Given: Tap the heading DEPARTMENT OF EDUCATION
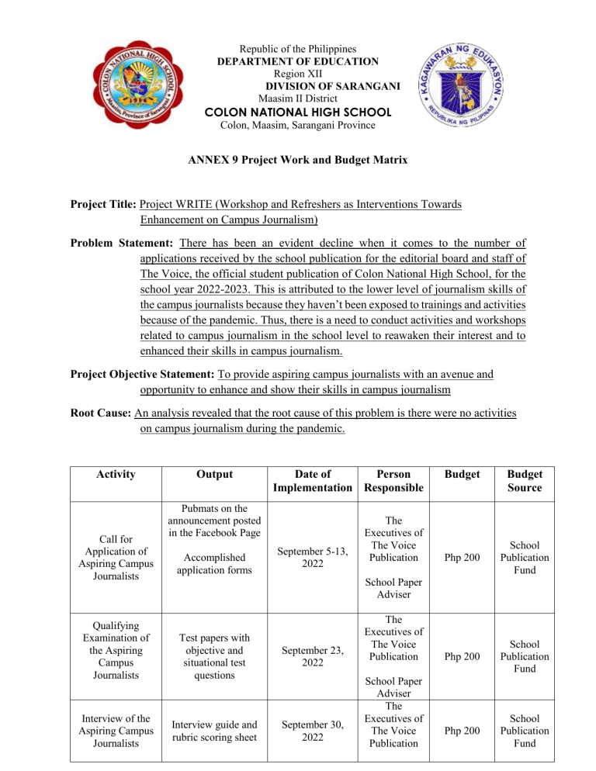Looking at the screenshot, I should pos(298,61).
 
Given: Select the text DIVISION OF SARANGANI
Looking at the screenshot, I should pos(333,86).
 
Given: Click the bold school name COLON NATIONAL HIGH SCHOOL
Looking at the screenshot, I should pos(298,112).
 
